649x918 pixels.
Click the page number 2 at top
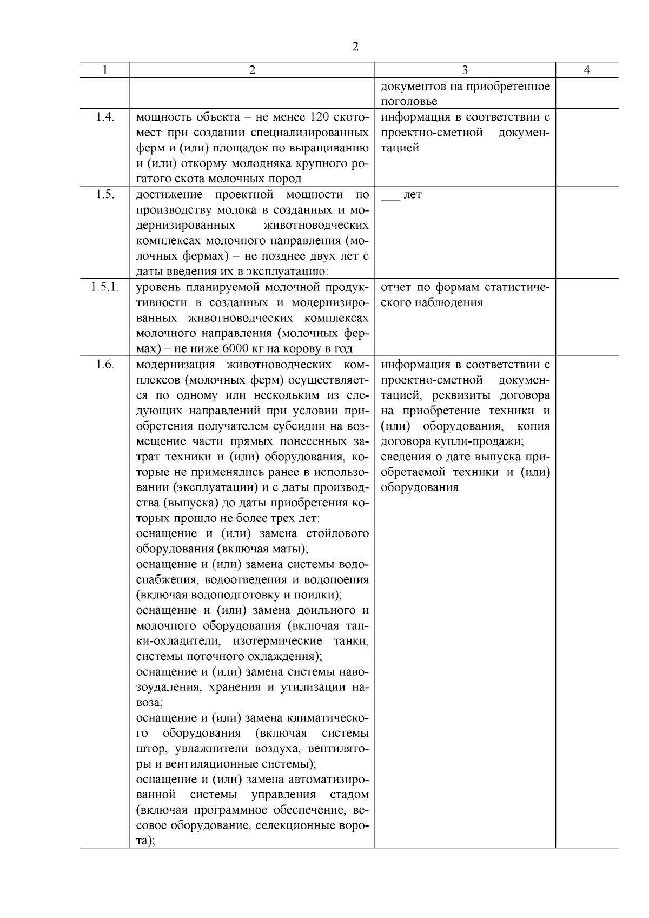355,47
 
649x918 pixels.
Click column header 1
105,70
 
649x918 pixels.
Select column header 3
465,70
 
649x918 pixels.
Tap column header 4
587,70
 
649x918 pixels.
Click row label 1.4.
105,117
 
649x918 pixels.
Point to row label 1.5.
105,195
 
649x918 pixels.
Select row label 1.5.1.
105,287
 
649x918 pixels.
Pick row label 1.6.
105,365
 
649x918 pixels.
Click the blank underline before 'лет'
390,196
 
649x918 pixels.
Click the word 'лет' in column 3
413,195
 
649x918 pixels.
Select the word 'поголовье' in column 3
409,102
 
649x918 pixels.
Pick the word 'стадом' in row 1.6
349,795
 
